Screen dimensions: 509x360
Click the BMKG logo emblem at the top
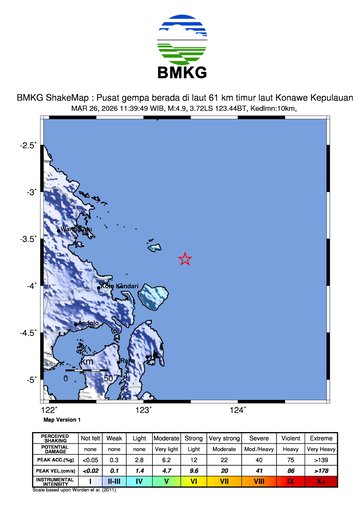(180, 39)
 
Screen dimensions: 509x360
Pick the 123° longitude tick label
(144, 409)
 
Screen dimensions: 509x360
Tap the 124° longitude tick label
(238, 409)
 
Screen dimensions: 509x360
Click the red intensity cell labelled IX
(290, 481)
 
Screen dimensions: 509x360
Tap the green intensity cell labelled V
(167, 481)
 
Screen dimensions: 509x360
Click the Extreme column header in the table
(321, 437)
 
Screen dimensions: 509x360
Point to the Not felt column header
(90, 437)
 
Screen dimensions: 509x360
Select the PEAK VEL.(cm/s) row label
(54, 469)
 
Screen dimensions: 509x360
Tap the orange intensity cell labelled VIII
(259, 481)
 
